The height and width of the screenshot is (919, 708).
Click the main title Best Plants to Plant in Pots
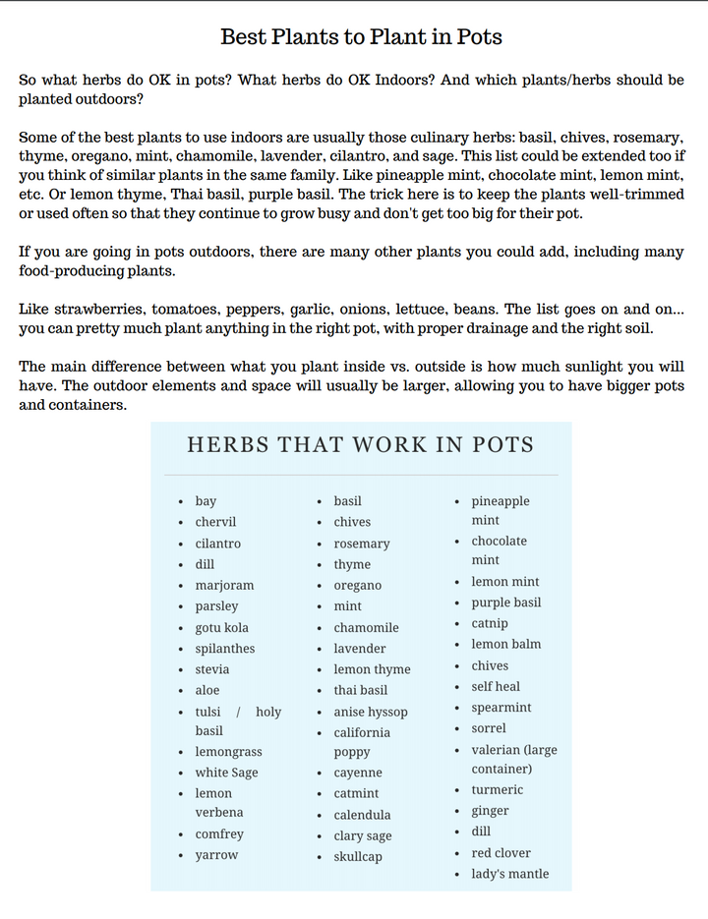point(361,37)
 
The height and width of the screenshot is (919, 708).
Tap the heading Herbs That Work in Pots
point(360,444)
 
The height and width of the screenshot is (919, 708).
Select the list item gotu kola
point(221,627)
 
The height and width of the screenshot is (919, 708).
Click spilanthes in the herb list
point(224,649)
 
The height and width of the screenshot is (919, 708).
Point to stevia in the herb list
point(211,669)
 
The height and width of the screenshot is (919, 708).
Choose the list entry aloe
point(206,690)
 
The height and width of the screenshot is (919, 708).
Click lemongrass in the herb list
point(228,752)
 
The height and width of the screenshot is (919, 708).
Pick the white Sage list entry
point(226,773)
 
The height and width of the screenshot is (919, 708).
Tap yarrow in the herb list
point(216,855)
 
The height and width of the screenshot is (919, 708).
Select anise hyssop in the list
point(370,712)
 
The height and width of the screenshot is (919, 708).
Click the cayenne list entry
point(358,773)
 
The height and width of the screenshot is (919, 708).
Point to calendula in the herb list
point(362,815)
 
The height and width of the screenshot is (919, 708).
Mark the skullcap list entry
point(358,856)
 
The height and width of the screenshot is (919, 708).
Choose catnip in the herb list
point(490,623)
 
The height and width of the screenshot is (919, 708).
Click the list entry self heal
point(496,686)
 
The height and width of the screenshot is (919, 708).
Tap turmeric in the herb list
point(497,789)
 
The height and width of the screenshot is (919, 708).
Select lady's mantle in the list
point(509,874)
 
